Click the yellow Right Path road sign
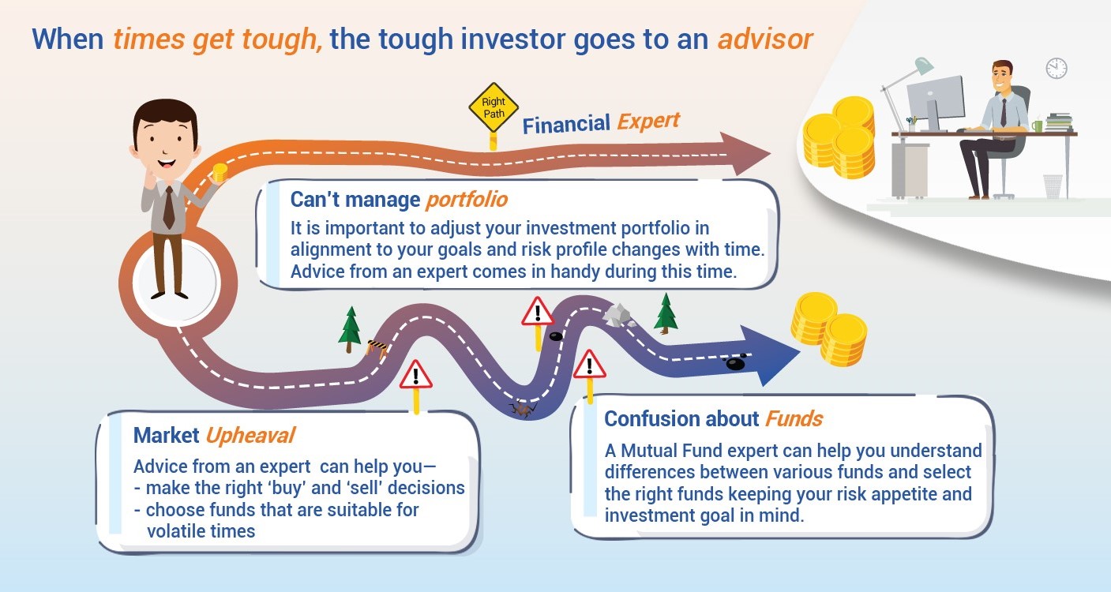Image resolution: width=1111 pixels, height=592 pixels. pos(494,107)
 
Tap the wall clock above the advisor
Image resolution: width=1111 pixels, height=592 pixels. pos(1057,68)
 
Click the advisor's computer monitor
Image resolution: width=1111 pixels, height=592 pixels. pos(936,99)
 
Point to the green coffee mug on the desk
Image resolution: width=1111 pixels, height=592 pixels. pos(1037,126)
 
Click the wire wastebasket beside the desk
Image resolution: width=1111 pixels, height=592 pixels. pos(1053,186)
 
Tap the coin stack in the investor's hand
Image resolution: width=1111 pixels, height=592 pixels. pos(220,173)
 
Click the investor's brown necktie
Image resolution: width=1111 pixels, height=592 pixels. pos(169,208)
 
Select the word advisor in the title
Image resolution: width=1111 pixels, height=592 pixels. pos(765,39)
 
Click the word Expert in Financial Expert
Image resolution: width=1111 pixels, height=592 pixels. pos(648,121)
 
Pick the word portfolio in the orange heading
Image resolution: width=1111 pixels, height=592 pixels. pos(467,200)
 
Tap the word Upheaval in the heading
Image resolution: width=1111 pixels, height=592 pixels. pos(250,436)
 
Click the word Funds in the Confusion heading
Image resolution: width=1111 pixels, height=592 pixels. pos(794,418)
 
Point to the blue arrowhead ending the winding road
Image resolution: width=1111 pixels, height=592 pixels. pos(770,355)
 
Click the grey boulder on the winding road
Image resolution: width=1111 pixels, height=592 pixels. pos(616,316)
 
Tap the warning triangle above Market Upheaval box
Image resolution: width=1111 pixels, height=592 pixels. pos(415,375)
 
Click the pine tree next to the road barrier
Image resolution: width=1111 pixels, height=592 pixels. pos(350,329)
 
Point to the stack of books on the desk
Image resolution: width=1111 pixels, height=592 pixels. pos(1060,122)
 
